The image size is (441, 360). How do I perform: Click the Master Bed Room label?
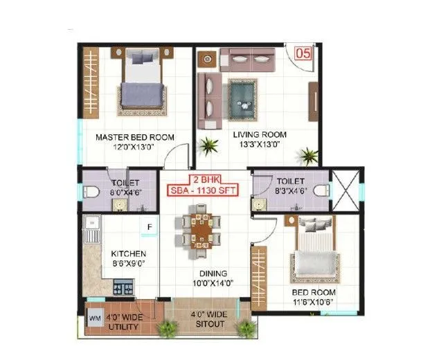pos(134,137)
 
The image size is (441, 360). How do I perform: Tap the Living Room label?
pos(260,134)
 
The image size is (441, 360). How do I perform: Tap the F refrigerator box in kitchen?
pos(148,226)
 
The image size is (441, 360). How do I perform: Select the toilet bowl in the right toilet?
pos(321,188)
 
